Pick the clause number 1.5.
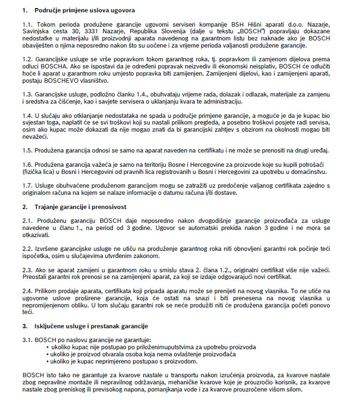28,151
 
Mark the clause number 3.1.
28,340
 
